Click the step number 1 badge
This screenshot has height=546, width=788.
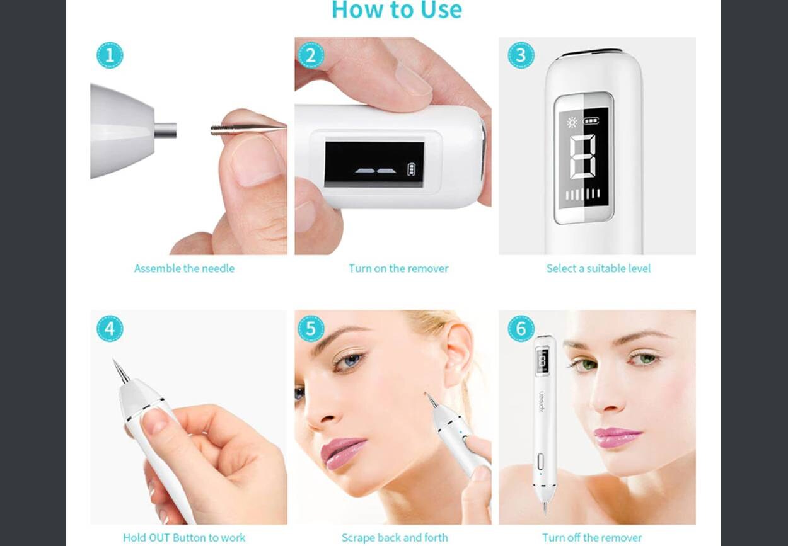click(x=110, y=55)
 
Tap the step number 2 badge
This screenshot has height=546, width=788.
click(x=311, y=55)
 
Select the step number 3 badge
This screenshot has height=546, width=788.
click(x=521, y=55)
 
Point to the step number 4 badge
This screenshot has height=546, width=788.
click(x=110, y=329)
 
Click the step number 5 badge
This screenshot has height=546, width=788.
click(x=311, y=329)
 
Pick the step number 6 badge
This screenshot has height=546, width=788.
click(x=521, y=329)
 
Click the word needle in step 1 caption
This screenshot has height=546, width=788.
click(x=219, y=269)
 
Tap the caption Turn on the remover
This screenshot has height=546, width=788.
click(x=398, y=269)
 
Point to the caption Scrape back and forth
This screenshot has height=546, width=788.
click(x=395, y=538)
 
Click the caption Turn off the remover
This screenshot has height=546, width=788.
click(x=592, y=538)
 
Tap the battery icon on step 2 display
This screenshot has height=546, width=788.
click(x=411, y=169)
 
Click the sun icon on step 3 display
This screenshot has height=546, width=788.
click(x=572, y=122)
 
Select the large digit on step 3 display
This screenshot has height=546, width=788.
click(x=582, y=157)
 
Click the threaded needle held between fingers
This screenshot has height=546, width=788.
click(x=248, y=129)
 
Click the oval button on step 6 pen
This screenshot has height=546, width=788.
click(x=541, y=462)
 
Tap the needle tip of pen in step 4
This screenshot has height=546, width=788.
click(x=114, y=360)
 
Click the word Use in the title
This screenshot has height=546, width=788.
click(x=441, y=10)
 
